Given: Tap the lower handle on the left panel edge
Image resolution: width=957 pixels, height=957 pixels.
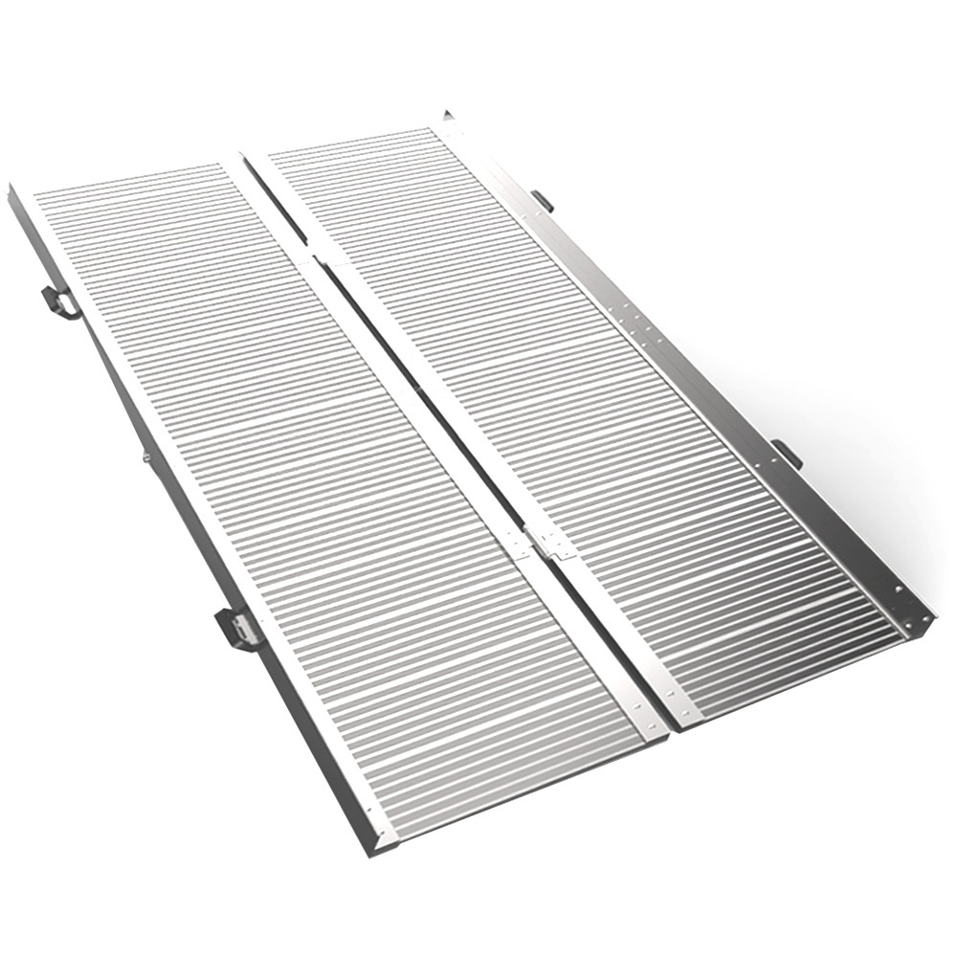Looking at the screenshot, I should [237, 629].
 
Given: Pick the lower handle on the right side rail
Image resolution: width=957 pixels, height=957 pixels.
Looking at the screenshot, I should [787, 452].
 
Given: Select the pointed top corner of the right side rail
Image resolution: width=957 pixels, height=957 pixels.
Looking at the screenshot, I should [446, 115].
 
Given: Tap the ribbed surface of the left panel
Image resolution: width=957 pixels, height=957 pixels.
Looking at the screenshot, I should [316, 478].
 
